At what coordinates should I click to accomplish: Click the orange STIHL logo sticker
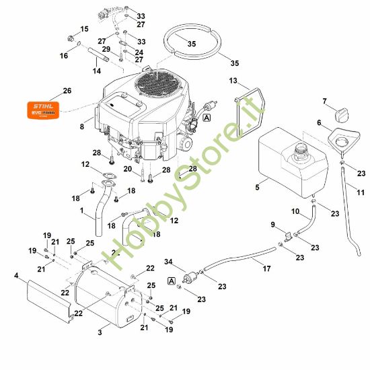(x=42, y=108)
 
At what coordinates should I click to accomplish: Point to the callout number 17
(x=266, y=269)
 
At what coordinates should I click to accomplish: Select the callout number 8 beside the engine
(x=81, y=126)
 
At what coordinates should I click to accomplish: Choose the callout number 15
(x=85, y=29)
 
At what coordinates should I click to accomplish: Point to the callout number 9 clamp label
(x=272, y=224)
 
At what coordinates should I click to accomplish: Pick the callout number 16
(x=63, y=56)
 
